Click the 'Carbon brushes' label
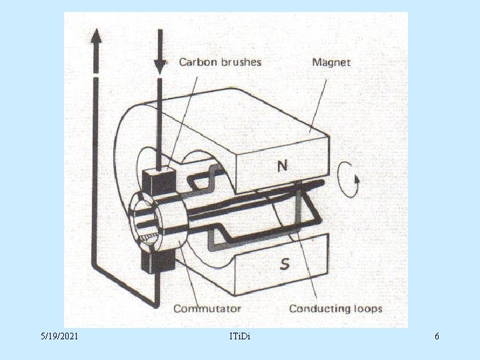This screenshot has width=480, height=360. [220, 62]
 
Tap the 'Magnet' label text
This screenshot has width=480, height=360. [331, 63]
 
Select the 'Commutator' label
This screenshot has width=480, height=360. [207, 308]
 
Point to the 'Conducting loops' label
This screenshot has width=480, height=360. [336, 308]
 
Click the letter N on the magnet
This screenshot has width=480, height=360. [282, 166]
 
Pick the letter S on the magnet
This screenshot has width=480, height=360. [285, 264]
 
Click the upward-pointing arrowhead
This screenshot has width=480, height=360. [96, 36]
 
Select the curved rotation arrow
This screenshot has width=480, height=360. [348, 179]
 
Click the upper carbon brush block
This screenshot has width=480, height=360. [159, 181]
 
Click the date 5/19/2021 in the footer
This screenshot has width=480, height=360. [59, 337]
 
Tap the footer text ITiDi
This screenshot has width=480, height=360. [240, 337]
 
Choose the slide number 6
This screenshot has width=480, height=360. [437, 337]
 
